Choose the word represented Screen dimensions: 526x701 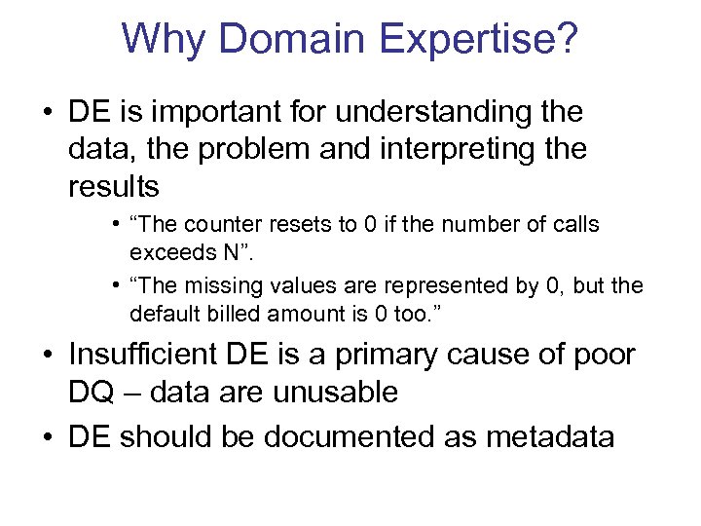[430, 287]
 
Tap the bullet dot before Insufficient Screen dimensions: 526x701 [50, 357]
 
